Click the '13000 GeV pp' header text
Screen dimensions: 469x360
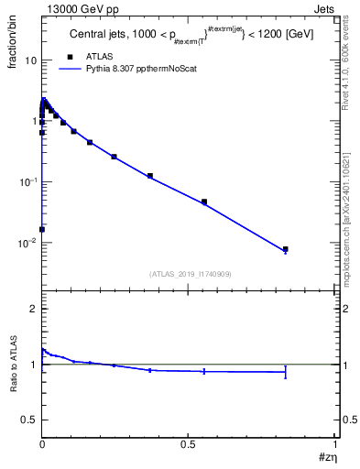(75, 8)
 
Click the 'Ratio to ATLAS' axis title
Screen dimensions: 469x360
(14, 364)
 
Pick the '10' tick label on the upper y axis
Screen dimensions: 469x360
(29, 60)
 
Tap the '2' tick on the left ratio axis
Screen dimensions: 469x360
(34, 309)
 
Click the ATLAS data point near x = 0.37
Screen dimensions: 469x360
(150, 176)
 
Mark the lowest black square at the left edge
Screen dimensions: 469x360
(42, 229)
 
